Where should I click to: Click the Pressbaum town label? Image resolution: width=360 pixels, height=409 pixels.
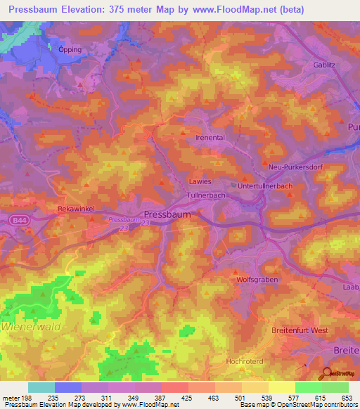167,215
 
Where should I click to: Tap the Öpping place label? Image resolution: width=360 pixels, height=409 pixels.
70,49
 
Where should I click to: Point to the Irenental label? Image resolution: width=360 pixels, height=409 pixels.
210,138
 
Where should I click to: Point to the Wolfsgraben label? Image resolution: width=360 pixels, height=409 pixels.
257,279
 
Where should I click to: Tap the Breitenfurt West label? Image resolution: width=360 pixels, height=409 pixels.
300,330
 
